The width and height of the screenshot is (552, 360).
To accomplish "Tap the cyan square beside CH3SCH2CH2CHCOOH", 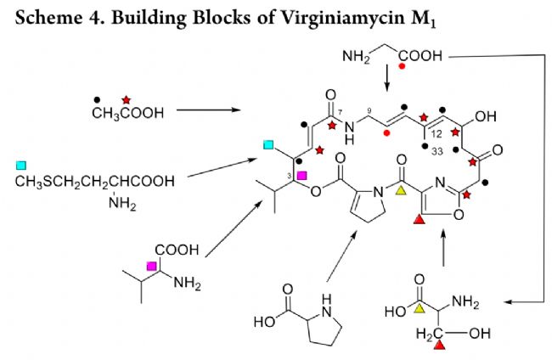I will click(x=21, y=164).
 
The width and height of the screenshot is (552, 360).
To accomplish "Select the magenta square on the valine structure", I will click(x=152, y=267).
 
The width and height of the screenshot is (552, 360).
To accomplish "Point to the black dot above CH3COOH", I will click(x=99, y=98).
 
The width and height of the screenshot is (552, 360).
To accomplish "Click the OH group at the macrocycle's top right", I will click(x=483, y=115).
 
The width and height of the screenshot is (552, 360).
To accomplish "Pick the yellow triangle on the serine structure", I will click(x=417, y=307).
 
